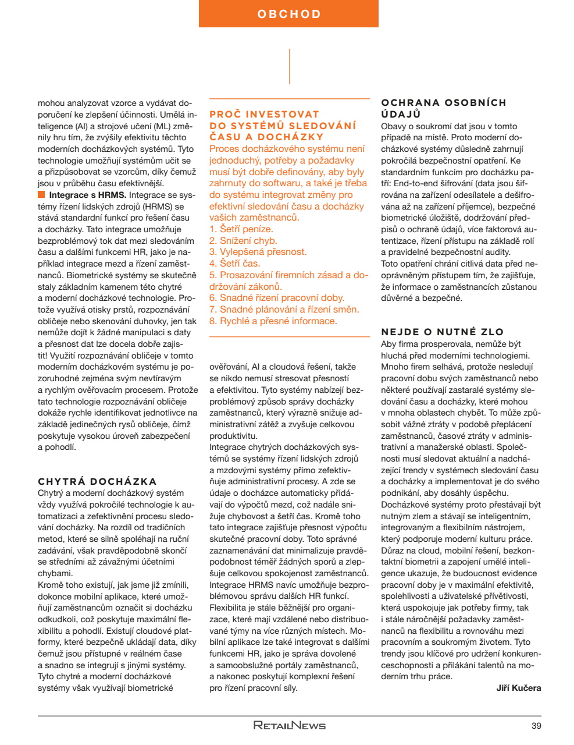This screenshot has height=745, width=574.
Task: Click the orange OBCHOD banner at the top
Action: point(288,14)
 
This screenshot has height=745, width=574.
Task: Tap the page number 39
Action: point(536,725)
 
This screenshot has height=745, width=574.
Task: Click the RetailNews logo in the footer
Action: point(289,725)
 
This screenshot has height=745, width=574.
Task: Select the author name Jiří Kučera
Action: point(518,688)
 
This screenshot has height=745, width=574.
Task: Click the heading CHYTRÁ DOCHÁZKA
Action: point(97,481)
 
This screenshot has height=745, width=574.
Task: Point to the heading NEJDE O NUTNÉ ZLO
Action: point(443,332)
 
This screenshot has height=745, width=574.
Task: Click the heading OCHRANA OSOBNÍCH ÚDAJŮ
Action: point(443,108)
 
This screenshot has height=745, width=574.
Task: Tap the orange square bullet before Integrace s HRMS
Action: point(41,195)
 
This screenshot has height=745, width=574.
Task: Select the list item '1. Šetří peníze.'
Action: point(241,229)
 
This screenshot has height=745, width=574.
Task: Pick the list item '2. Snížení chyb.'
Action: point(243,240)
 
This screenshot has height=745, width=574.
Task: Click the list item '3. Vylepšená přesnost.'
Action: point(258,252)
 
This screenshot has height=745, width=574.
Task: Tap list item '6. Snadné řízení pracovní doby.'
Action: point(277,297)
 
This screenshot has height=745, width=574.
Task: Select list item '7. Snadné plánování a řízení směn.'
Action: point(284,309)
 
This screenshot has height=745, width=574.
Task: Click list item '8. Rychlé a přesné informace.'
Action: point(273,321)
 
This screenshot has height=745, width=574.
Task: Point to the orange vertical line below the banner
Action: point(289,66)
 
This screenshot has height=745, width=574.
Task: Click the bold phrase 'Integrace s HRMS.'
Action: point(88,195)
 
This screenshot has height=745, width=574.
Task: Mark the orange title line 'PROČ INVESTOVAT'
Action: point(264,114)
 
